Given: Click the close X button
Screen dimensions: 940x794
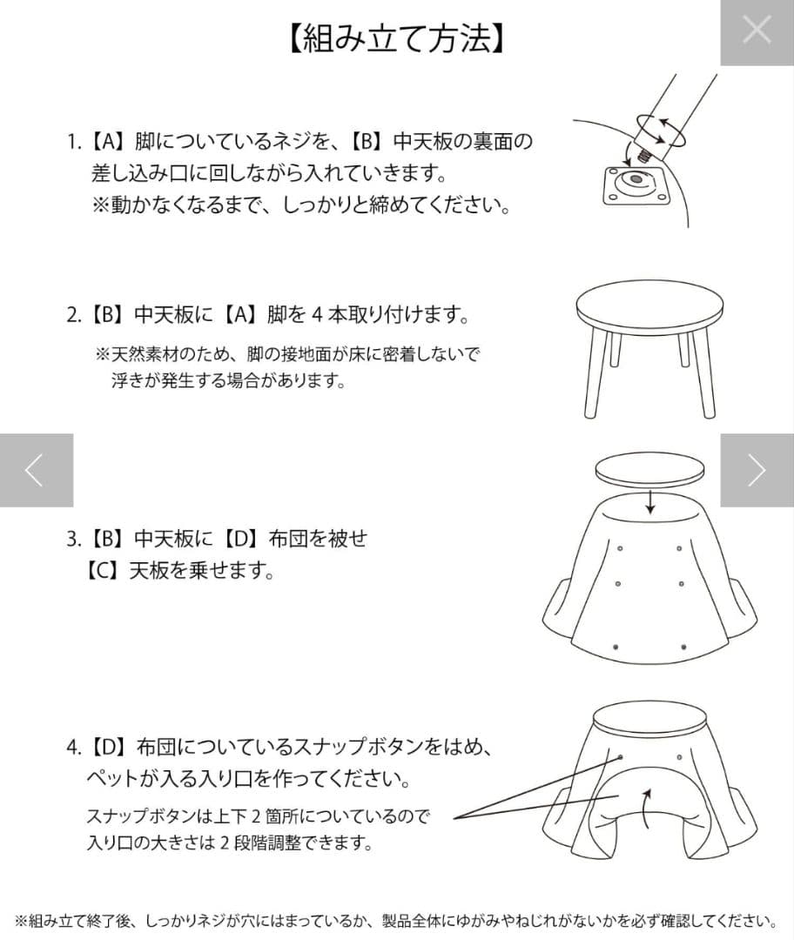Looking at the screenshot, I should click(x=757, y=31).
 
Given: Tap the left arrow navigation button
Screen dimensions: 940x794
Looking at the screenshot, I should click(x=36, y=470).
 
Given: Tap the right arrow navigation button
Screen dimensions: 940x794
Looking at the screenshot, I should click(x=757, y=470).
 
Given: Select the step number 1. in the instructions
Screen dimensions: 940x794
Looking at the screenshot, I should click(x=74, y=141).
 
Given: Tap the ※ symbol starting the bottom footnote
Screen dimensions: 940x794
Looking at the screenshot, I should click(x=23, y=921).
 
